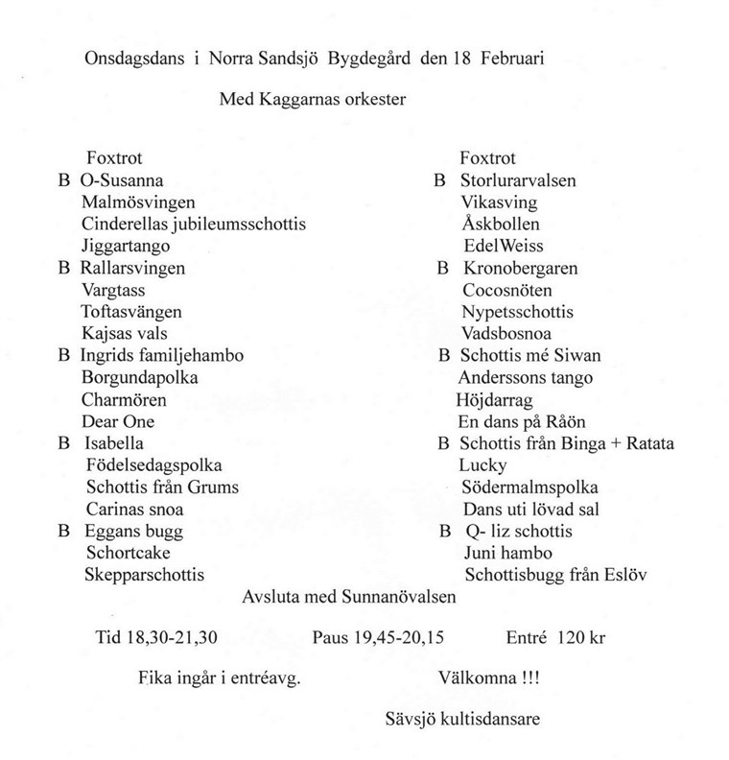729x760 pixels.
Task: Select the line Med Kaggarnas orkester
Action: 313,99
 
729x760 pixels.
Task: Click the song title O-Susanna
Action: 122,180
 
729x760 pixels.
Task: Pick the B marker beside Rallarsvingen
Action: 64,269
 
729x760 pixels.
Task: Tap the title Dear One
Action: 120,422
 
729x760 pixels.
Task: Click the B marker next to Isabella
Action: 64,444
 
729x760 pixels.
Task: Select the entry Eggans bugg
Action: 133,532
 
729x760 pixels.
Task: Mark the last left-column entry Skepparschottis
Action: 146,576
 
